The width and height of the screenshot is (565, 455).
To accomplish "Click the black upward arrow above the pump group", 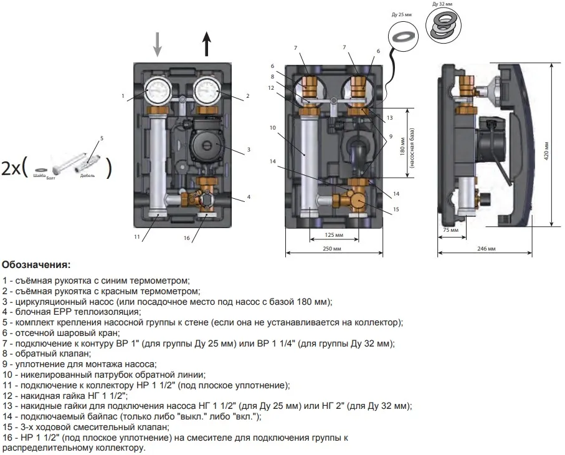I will [207, 44].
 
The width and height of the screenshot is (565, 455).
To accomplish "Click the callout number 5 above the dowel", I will [102, 138].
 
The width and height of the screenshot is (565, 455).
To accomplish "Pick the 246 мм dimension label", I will [486, 249].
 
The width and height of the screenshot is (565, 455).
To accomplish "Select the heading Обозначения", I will [37, 265].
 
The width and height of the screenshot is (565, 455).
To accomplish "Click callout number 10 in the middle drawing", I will [272, 128].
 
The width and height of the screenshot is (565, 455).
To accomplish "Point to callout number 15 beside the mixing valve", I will [395, 209].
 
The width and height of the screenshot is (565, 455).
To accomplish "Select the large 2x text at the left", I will [12, 169].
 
